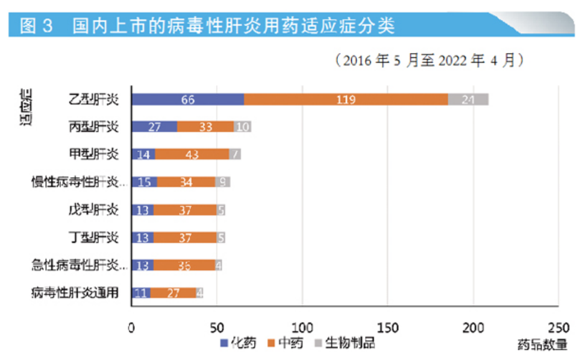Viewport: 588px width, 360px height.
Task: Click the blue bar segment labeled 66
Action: point(187,99)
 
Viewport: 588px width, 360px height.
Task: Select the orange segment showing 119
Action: point(346,99)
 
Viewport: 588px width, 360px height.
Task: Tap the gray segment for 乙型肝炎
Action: point(468,99)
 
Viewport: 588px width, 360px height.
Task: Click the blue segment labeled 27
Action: point(154,126)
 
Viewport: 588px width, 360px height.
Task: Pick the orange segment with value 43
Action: point(192,154)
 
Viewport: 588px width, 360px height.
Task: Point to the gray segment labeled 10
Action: point(242,126)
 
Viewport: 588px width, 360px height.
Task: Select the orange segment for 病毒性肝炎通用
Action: point(173,293)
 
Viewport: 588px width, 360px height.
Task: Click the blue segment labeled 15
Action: point(144,182)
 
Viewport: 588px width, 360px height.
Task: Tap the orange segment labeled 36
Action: point(183,265)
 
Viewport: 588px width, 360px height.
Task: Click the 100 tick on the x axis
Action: point(302,328)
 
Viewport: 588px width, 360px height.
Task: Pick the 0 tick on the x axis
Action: point(131,328)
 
